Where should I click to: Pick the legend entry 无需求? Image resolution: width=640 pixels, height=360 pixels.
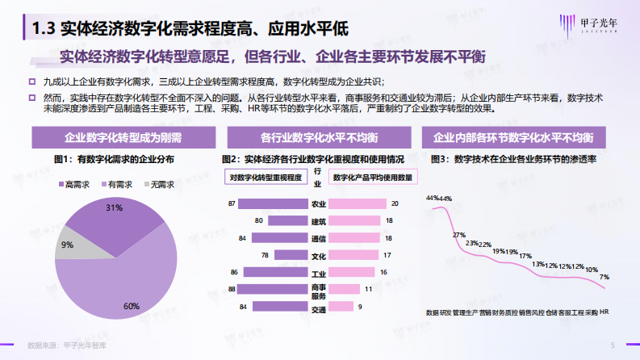click(x=159, y=184)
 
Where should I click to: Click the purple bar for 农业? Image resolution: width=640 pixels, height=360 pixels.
click(x=272, y=203)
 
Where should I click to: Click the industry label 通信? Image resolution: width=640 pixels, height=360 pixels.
click(x=317, y=238)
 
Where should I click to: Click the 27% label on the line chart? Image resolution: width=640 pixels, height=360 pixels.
click(x=458, y=235)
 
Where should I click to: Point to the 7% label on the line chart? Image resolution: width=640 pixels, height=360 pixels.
click(x=604, y=277)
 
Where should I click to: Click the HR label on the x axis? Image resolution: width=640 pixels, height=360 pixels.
click(x=604, y=312)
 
